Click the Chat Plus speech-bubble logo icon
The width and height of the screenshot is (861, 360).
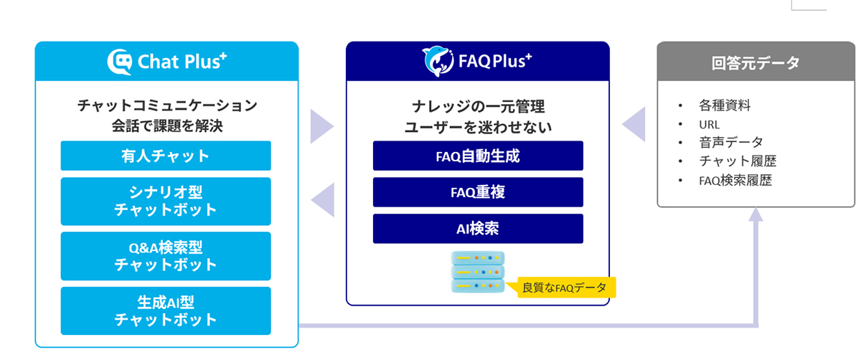[120, 62]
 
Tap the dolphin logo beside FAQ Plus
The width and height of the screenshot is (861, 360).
[437, 62]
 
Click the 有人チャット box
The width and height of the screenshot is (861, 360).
[166, 156]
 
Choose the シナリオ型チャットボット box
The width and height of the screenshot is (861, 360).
[166, 202]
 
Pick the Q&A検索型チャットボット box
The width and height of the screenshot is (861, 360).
[166, 256]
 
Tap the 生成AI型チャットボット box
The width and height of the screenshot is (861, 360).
[166, 311]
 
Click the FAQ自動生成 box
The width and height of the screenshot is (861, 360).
[478, 156]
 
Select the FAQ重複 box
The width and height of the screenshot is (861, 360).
[478, 192]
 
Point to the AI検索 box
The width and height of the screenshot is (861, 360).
[478, 229]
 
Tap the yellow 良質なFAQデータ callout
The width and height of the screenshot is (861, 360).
[564, 288]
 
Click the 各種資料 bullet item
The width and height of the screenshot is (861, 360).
[725, 105]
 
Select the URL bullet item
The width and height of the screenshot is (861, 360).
[709, 124]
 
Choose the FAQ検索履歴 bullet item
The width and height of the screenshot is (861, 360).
[735, 180]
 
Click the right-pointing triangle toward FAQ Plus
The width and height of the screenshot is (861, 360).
[321, 128]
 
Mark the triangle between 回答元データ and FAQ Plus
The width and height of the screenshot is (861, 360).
[634, 125]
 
